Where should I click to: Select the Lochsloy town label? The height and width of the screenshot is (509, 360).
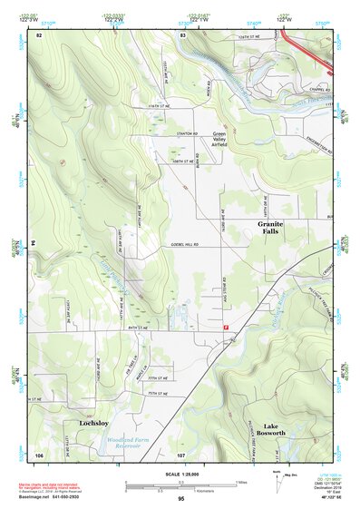93,423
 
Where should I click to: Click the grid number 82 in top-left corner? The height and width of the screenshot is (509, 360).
39,34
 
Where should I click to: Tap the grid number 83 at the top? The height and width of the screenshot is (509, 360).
183,34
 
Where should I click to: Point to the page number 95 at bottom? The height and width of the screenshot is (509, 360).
180,499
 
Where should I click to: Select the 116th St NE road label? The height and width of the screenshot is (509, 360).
154,106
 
